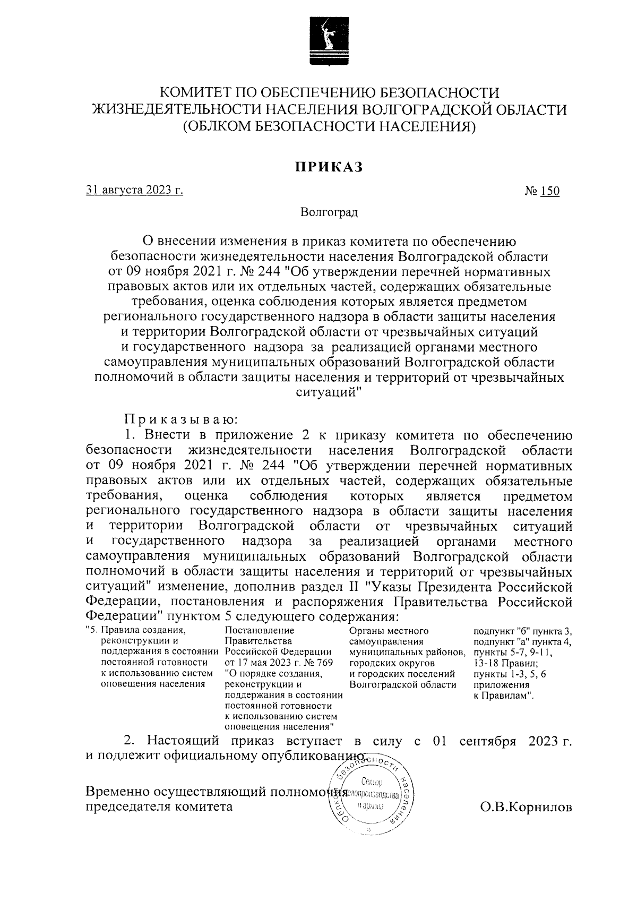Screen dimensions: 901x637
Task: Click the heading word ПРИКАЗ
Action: point(329,166)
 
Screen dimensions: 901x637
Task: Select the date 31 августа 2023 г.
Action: point(134,191)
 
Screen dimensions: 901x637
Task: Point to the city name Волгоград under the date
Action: point(329,213)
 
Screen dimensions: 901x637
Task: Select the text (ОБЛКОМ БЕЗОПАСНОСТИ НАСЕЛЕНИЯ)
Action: point(329,127)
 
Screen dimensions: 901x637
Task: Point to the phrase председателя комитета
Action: point(159,807)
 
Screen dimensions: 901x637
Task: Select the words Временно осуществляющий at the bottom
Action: point(175,792)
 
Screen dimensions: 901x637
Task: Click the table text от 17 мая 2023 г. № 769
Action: point(279,663)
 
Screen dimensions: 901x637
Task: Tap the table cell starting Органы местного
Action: point(389,631)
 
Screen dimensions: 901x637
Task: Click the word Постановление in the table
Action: point(260,631)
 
